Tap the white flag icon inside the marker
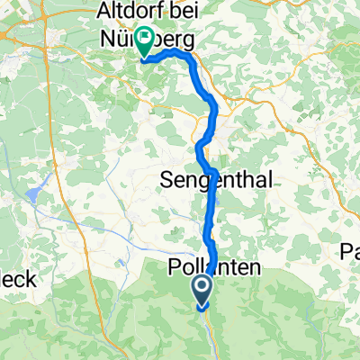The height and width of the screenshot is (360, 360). pos(145,40)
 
